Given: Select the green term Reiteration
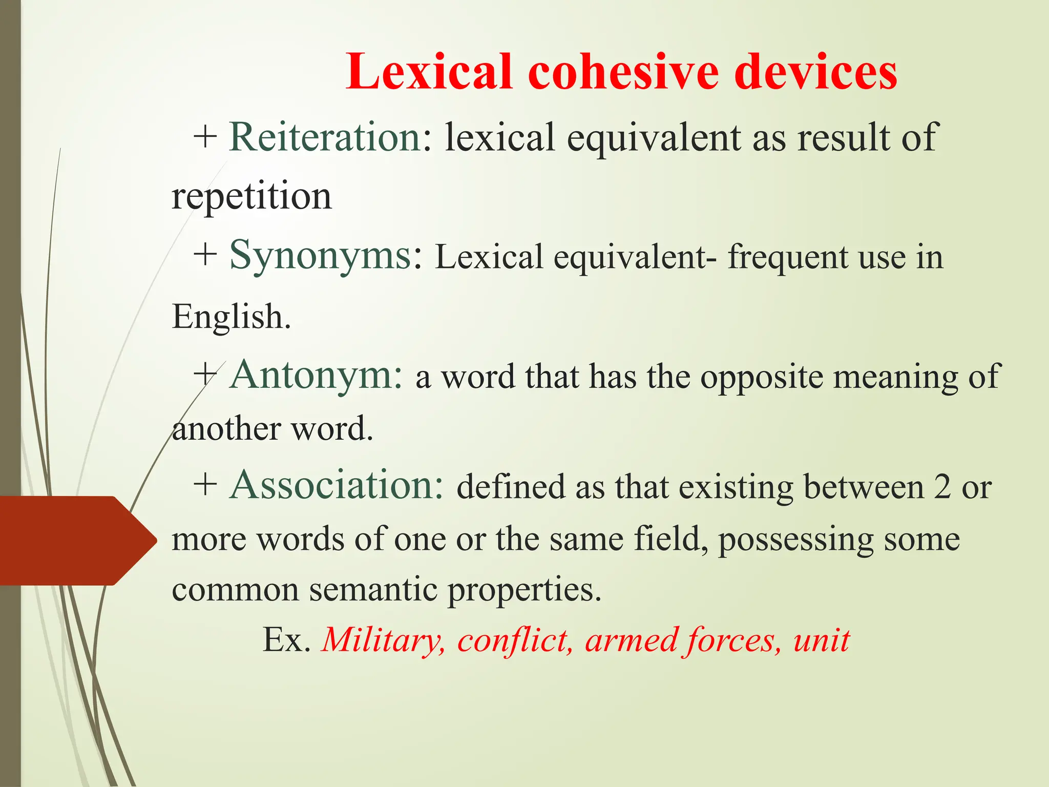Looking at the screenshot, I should pos(325,137).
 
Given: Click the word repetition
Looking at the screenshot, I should pos(251,197).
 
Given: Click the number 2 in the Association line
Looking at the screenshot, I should pos(941,487).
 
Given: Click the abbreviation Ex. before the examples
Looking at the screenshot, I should pos(286,640).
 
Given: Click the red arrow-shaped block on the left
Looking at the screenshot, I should pos(72,541).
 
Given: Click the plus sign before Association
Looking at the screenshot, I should pos(205,485).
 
